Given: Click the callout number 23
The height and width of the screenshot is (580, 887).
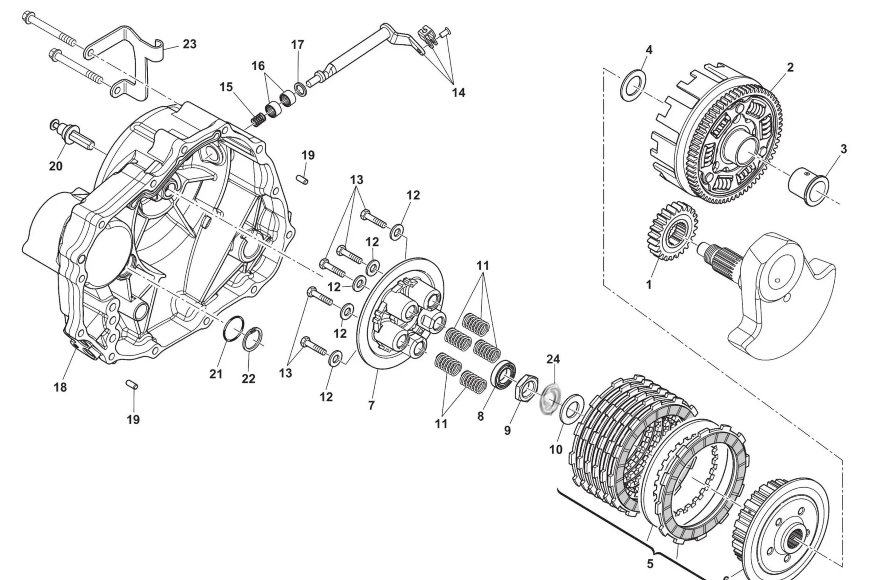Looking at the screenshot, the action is pos(189,44).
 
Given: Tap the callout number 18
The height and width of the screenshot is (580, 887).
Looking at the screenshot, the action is pos(60,387).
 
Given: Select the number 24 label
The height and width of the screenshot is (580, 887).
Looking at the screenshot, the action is pos(553,359).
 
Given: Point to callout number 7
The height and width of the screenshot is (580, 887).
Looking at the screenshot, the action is pos(371,405).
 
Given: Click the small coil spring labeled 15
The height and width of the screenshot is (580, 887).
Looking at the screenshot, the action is pos(257,118).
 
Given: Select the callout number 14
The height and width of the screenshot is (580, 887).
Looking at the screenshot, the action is pos(458,93).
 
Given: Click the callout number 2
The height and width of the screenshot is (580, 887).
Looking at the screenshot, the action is pos(790,67).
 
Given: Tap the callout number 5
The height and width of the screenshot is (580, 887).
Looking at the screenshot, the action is pos(650,564).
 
